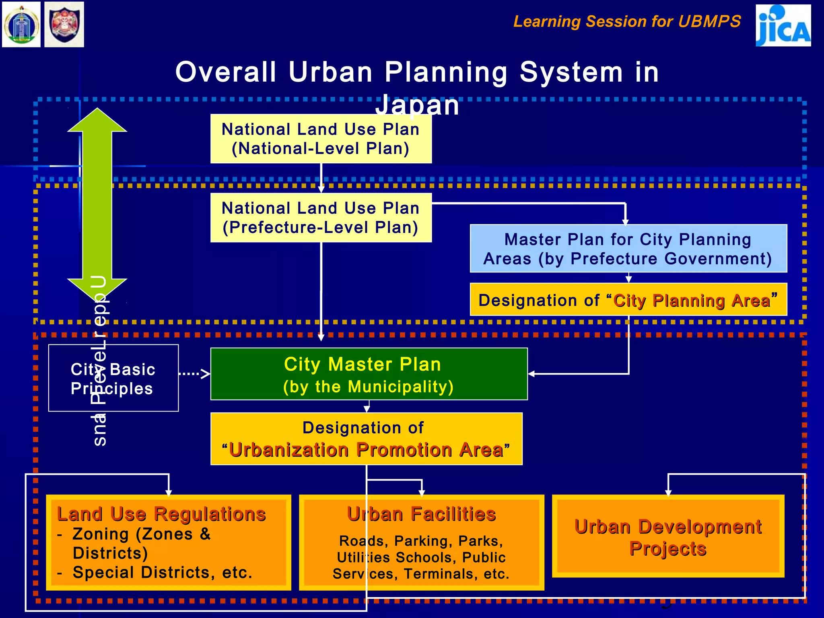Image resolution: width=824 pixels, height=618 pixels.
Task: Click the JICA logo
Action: click(783, 25)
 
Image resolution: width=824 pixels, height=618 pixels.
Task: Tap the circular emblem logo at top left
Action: click(21, 25)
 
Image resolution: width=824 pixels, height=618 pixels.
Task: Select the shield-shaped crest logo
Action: click(64, 25)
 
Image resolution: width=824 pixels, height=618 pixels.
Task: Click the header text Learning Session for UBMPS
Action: click(627, 21)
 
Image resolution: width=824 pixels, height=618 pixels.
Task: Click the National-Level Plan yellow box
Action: click(321, 139)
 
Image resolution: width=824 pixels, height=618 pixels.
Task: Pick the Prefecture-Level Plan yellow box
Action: click(321, 218)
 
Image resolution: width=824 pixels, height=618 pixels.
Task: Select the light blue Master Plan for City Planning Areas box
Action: click(628, 249)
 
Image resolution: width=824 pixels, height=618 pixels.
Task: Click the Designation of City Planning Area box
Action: click(628, 300)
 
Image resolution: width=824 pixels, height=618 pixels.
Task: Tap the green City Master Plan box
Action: click(369, 374)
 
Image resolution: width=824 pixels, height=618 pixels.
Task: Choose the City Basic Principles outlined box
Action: click(113, 378)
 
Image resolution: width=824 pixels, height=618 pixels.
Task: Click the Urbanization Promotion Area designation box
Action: click(366, 439)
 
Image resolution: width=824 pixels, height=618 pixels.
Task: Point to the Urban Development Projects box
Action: click(668, 537)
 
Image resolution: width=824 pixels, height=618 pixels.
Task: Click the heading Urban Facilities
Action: click(421, 514)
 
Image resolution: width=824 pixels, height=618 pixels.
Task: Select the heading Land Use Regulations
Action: click(161, 514)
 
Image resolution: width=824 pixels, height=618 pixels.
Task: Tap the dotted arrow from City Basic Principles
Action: click(194, 374)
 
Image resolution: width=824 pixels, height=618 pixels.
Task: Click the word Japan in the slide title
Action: click(417, 105)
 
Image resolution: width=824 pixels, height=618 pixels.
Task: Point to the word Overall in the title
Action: click(226, 72)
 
